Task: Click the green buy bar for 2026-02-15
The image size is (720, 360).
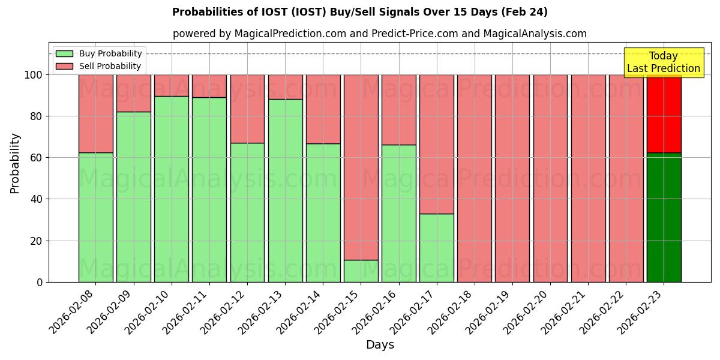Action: (361, 271)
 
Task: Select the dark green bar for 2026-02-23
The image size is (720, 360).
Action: (664, 217)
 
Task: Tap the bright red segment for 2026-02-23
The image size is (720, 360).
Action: (664, 113)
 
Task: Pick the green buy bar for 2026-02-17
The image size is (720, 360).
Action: (437, 248)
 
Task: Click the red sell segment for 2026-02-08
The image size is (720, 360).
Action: (96, 113)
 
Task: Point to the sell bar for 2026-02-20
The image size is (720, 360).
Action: (550, 178)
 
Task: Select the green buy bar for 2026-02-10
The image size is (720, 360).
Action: (172, 189)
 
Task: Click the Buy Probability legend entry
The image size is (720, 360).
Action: (99, 53)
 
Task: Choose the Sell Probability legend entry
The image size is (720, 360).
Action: (99, 66)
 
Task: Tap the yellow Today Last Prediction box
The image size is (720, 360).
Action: (664, 62)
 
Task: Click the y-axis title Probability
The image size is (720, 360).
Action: (15, 163)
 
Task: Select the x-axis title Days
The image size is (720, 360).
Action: (380, 345)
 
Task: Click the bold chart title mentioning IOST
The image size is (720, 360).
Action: (360, 12)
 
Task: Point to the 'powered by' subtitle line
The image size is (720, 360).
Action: (380, 34)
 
